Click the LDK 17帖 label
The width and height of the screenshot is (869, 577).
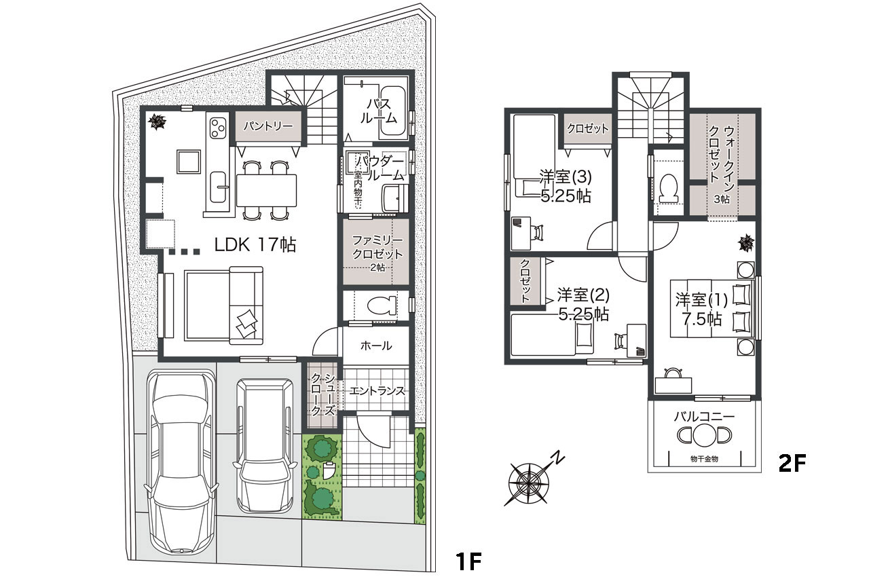coord(255,245)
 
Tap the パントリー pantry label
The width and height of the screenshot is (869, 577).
coord(268,126)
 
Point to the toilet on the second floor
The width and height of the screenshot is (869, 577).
coord(669,189)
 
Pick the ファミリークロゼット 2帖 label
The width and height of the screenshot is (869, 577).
coord(377,253)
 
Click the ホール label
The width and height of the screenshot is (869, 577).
coord(376,346)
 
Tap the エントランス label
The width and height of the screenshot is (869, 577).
coord(377,391)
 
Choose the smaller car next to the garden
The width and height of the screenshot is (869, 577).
coord(265,445)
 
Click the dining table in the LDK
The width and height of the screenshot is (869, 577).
coord(267,190)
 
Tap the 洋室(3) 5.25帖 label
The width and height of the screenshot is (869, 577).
coord(566,187)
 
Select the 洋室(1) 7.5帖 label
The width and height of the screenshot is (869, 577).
coord(702,310)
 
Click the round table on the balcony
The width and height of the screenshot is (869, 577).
coord(704,435)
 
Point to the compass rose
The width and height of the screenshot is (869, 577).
coord(529,483)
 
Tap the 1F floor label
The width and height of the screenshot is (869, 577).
coord(468,561)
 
